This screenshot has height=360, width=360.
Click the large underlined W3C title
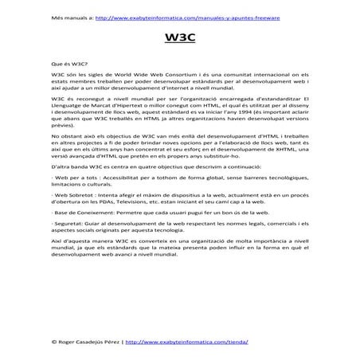(179, 37)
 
